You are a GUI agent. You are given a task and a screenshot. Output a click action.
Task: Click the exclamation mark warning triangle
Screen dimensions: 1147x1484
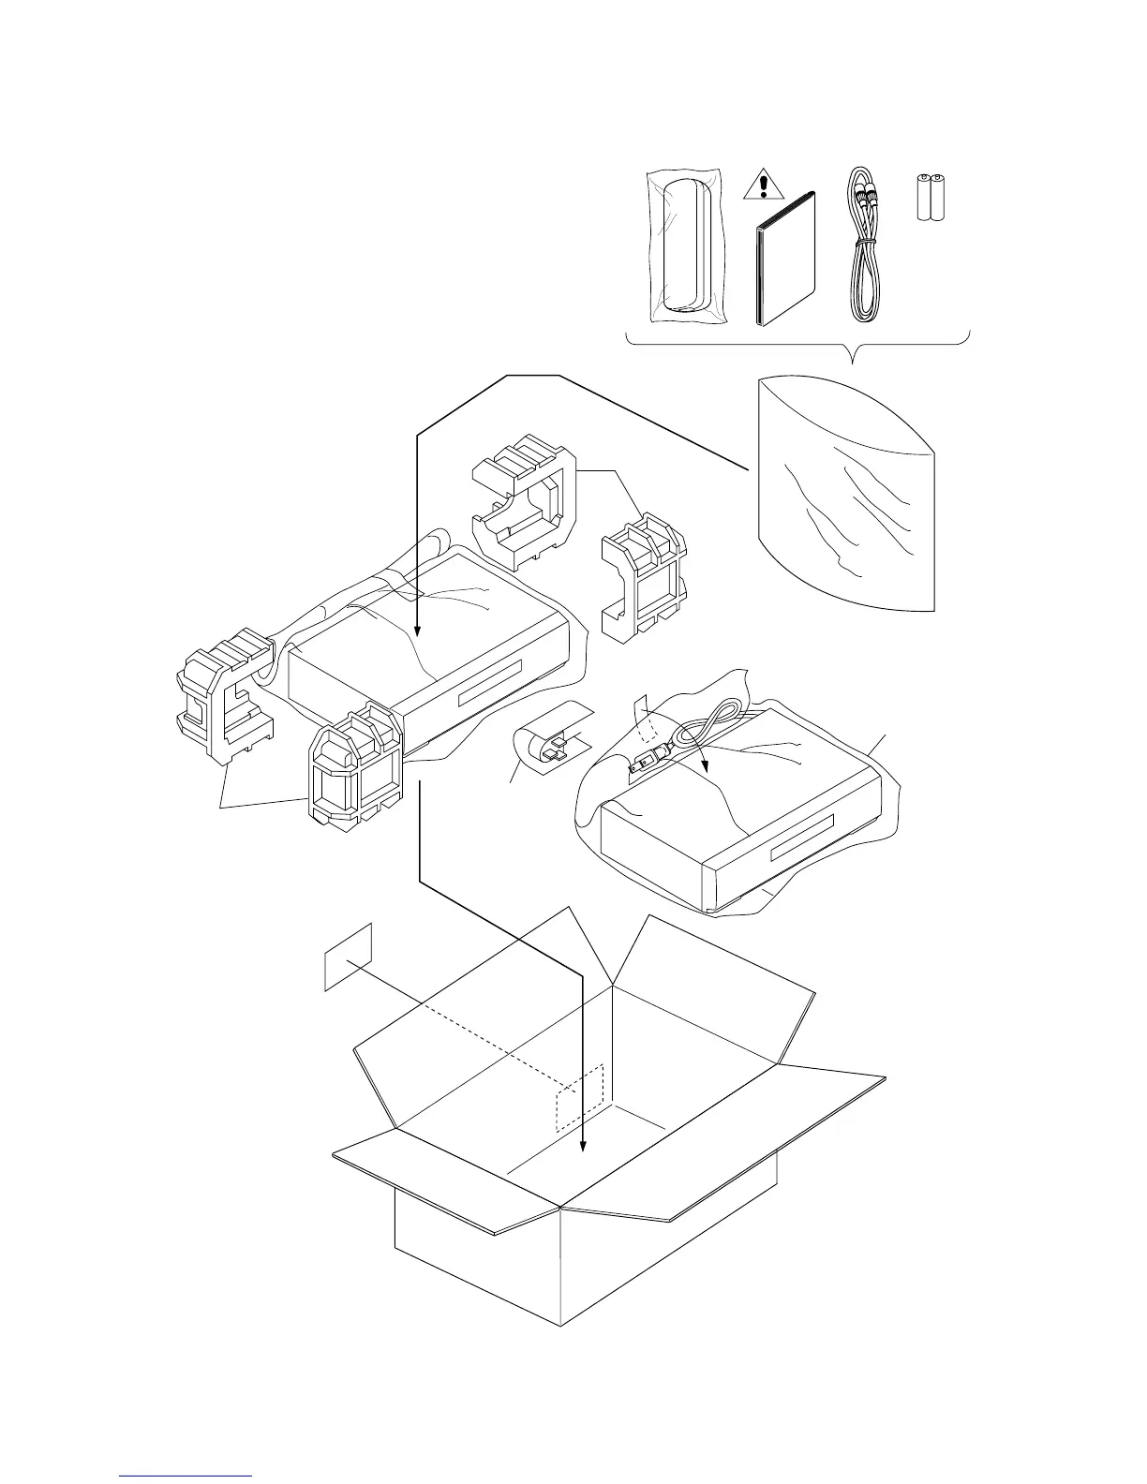pos(765,186)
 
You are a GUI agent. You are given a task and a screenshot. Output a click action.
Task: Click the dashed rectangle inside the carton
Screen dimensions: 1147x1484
pos(581,1098)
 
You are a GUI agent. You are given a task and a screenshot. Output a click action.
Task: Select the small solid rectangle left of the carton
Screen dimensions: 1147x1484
pos(348,956)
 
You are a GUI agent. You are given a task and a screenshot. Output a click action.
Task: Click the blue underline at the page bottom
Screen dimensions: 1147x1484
pos(186,1476)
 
